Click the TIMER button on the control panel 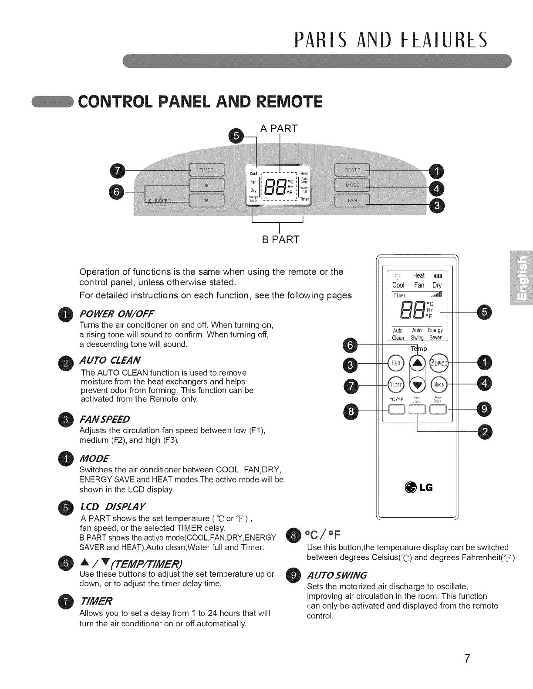click(206, 169)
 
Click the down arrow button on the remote click(417, 385)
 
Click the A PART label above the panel click(279, 128)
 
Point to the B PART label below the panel click(280, 240)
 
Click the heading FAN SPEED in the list click(105, 419)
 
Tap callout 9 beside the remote click(485, 409)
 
